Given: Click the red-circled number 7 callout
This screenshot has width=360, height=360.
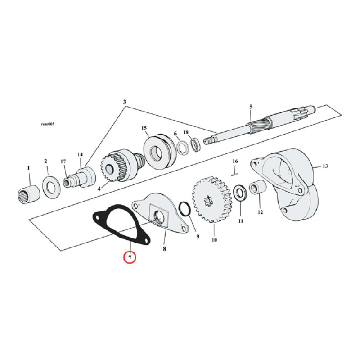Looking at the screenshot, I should click(x=130, y=258).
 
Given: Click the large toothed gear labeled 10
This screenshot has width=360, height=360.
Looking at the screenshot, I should click(x=209, y=200).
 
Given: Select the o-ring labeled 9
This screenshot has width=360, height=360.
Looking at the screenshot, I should click(x=184, y=209).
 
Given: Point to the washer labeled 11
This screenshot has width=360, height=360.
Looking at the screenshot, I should click(x=239, y=193).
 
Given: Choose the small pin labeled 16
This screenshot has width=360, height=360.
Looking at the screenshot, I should click(x=234, y=170).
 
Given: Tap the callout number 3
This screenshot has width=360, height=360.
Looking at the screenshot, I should click(x=125, y=102).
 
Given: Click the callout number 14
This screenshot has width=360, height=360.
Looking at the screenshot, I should click(x=80, y=155).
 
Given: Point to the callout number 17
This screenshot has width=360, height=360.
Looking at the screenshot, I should click(x=63, y=162).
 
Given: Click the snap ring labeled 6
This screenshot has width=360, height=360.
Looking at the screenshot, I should click(x=183, y=147).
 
